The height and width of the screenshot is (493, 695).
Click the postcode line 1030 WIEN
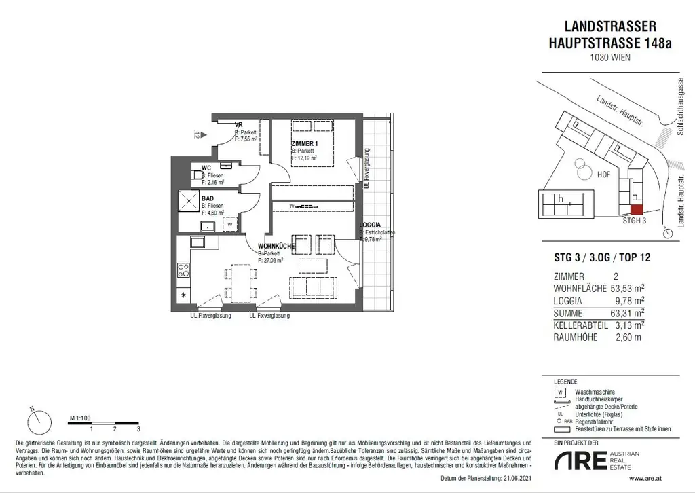[x=610, y=57]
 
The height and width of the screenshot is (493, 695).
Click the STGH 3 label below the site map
[x=635, y=221]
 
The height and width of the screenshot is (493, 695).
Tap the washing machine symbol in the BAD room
[x=230, y=223]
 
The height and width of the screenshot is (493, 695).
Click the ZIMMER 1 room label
[x=305, y=144]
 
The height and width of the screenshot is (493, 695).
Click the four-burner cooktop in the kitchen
[x=183, y=270]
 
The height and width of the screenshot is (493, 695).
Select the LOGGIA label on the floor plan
[x=371, y=225]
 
